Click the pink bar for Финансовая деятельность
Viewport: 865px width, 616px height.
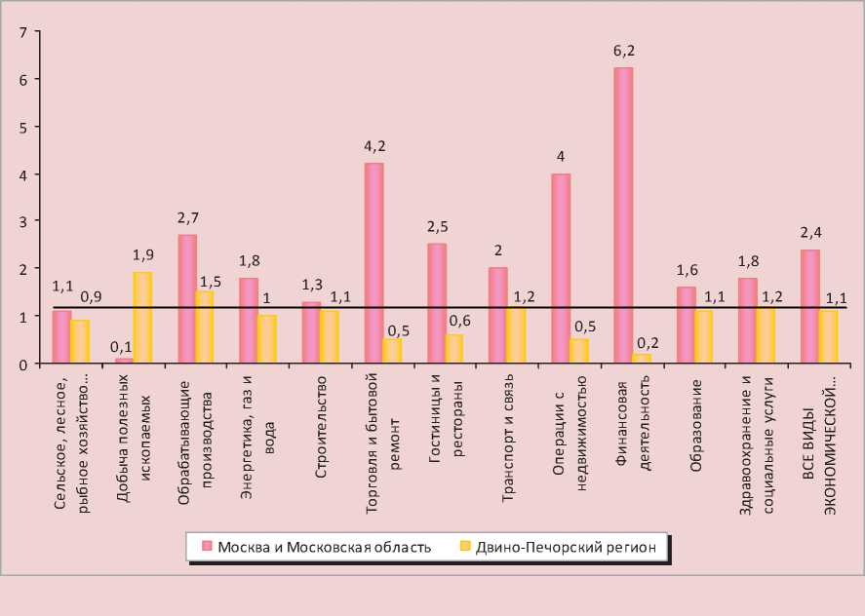623,215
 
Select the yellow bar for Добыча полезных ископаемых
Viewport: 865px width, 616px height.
142,318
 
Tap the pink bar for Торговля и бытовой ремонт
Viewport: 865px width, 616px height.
374,263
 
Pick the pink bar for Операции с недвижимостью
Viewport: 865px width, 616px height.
561,268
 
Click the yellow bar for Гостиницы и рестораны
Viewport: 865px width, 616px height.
453,349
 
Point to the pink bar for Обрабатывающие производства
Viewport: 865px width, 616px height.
187,299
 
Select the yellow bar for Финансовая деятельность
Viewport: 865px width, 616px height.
641,359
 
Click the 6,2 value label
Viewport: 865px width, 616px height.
623,51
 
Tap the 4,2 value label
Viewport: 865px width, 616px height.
374,146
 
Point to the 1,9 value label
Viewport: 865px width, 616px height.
143,255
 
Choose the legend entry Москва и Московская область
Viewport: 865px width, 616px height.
315,547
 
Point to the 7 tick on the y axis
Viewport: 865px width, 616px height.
22,32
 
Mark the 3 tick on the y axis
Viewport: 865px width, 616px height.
22,221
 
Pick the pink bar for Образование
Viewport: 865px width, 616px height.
686,326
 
